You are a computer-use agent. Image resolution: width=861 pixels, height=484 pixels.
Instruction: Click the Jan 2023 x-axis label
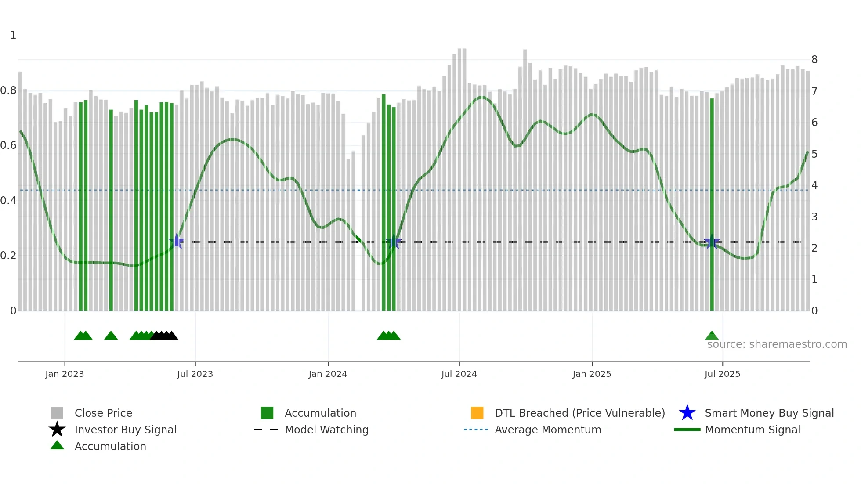[x=65, y=374]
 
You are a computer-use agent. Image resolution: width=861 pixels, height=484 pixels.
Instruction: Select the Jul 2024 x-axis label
[x=459, y=374]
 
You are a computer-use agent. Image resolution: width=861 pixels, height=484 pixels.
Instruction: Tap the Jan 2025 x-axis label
[x=592, y=374]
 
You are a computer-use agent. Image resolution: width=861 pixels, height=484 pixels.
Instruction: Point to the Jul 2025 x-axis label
[x=722, y=374]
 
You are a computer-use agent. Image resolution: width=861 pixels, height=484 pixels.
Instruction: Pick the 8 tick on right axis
[x=814, y=60]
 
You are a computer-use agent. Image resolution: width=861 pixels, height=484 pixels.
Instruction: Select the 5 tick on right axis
[x=814, y=154]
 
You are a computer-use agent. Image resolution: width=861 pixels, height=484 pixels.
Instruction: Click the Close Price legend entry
[x=103, y=413]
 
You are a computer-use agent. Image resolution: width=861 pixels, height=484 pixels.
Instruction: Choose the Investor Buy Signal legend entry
[x=125, y=430]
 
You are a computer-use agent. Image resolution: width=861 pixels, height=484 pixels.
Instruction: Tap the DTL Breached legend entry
[x=579, y=413]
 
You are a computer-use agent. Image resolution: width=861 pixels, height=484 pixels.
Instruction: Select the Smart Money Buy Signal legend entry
[x=769, y=413]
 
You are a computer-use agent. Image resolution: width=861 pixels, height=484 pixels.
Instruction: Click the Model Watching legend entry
[x=326, y=430]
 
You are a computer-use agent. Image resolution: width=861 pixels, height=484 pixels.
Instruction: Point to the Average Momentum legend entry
[x=548, y=430]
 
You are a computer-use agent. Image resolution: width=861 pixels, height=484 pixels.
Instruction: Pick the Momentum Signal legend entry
[x=752, y=430]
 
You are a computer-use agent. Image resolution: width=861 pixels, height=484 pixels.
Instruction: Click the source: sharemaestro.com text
[x=777, y=344]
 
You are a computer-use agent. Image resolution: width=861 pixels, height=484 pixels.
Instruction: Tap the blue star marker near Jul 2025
[x=712, y=242]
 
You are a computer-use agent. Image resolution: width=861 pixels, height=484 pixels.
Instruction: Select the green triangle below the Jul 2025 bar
[x=712, y=336]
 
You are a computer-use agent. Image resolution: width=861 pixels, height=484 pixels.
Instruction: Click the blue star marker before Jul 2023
[x=177, y=241]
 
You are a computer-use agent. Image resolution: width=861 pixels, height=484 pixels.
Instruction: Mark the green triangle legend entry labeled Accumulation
[x=110, y=446]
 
